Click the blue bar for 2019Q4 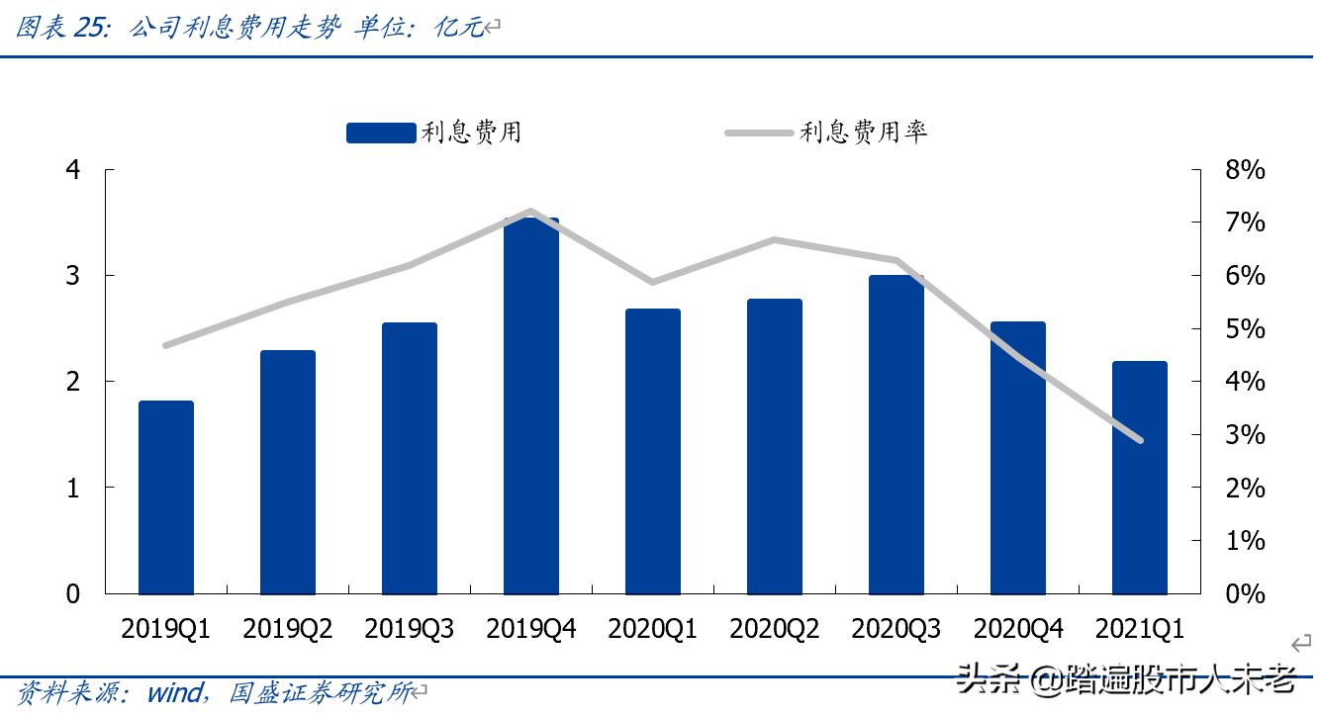(530, 405)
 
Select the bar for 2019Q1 (166, 496)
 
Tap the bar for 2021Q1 (1139, 477)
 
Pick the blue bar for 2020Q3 (895, 434)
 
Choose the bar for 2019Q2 (288, 472)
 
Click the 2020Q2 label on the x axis (774, 629)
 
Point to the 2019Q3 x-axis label (409, 629)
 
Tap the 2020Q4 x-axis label (1017, 629)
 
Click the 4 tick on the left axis (72, 170)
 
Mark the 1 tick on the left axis (72, 488)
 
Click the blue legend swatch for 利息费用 (381, 133)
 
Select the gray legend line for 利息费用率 (759, 133)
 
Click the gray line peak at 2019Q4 (530, 211)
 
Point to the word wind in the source (175, 692)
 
